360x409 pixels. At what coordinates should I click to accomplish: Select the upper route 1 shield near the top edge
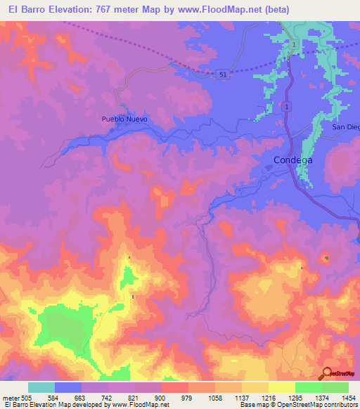(x=293, y=44)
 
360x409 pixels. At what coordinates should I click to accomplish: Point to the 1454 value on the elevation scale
(x=349, y=397)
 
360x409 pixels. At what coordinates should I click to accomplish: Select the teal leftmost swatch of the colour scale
(x=41, y=387)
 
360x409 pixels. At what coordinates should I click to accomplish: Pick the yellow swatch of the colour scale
(x=281, y=387)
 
